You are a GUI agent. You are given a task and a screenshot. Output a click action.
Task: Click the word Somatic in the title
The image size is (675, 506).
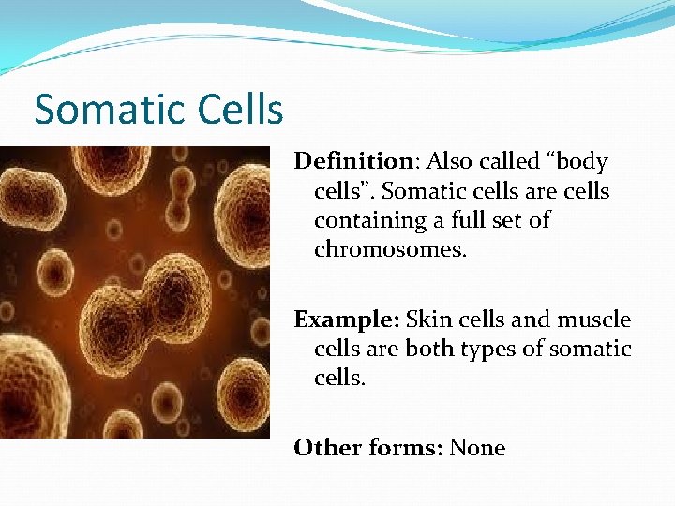[99, 110]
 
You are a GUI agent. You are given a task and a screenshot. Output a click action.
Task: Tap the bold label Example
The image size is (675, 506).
[346, 320]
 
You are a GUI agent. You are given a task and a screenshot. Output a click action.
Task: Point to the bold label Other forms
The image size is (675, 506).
[367, 448]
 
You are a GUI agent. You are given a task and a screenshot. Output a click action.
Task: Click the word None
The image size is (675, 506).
[477, 448]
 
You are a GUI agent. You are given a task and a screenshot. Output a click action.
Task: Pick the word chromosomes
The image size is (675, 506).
[390, 250]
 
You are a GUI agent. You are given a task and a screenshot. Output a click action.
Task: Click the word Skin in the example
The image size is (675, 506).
[425, 320]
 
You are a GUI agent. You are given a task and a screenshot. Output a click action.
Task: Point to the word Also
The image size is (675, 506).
[448, 161]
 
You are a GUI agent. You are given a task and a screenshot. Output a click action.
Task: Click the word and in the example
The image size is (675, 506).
[531, 320]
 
